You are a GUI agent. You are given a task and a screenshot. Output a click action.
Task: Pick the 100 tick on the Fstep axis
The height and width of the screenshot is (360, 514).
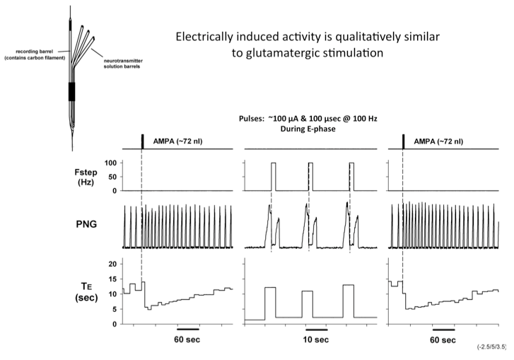click(110, 163)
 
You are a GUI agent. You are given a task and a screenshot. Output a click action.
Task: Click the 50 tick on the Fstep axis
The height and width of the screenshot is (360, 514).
click(112, 178)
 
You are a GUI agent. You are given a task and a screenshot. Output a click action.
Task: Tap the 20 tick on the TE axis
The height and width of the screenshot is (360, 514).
click(112, 263)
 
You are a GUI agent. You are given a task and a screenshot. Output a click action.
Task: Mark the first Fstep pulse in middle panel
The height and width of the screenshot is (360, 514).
click(273, 177)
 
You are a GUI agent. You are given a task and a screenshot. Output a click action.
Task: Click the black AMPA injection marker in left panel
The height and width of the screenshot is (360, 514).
click(142, 141)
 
